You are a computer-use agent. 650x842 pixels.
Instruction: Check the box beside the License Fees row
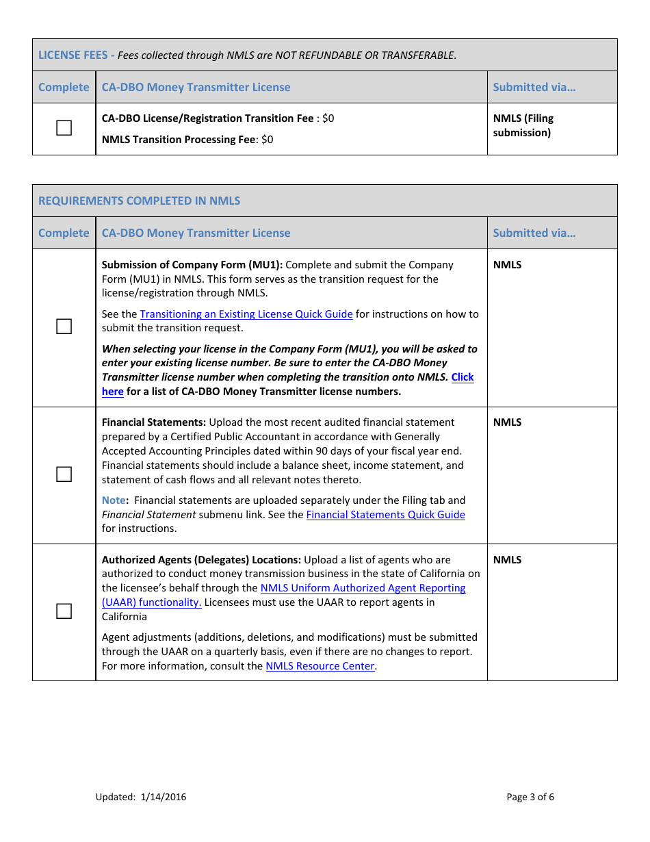(x=64, y=128)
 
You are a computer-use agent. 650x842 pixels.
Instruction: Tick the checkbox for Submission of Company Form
(x=64, y=327)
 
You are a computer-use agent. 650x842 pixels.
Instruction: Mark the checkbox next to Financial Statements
(x=64, y=474)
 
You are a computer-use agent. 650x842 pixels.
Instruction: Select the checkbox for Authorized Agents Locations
(x=64, y=611)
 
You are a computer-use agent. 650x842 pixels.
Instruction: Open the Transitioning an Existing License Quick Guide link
(x=246, y=314)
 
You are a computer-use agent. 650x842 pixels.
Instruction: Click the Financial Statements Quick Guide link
(x=385, y=515)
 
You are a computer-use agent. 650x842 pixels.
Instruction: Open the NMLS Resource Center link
(x=320, y=666)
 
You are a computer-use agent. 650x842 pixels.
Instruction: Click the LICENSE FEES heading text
(x=73, y=55)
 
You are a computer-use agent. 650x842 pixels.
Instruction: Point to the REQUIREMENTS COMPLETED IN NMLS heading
(x=140, y=201)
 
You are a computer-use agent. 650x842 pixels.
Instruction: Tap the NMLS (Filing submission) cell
(x=523, y=125)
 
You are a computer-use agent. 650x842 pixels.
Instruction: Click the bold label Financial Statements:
(x=154, y=422)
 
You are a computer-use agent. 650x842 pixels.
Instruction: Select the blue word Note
(x=114, y=500)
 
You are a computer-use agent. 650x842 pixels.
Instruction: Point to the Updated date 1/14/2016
(x=163, y=797)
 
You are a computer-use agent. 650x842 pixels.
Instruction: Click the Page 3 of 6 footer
(x=530, y=797)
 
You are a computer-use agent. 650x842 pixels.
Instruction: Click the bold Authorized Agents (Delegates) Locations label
(x=201, y=560)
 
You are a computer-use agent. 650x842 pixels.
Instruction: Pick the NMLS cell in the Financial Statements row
(x=507, y=422)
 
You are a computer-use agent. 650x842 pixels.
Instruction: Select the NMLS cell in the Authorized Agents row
(x=507, y=560)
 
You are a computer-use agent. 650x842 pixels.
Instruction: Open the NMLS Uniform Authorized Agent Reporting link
(x=363, y=588)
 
